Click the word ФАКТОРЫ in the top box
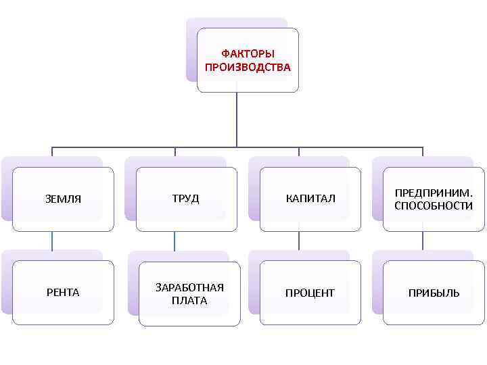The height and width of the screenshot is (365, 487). tap(248, 54)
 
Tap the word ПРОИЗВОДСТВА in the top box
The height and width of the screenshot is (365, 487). tap(248, 68)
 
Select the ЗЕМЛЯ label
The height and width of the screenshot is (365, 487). tap(63, 199)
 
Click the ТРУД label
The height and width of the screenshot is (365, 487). tap(185, 199)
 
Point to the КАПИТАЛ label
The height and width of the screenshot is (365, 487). tap(310, 199)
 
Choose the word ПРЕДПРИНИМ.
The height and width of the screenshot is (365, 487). tap(434, 193)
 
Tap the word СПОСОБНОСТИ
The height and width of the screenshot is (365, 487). tap(434, 205)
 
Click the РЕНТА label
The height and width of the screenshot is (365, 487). tap(63, 293)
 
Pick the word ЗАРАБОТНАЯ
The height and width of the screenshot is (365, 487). tap(189, 287)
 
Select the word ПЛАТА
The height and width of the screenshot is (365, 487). tap(189, 300)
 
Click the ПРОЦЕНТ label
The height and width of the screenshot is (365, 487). tap(310, 293)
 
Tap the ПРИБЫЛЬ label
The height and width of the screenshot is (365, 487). tap(434, 293)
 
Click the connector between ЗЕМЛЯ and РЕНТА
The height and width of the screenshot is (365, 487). tap(52, 241)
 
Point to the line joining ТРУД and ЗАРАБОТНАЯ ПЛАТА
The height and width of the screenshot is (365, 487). tap(175, 241)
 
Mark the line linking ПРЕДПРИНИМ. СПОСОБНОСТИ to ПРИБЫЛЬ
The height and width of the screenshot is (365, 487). tap(423, 241)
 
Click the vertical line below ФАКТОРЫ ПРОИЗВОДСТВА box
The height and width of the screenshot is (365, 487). tap(237, 118)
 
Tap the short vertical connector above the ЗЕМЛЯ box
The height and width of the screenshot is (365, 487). tap(52, 151)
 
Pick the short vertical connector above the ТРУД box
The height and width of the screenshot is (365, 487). tap(175, 151)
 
